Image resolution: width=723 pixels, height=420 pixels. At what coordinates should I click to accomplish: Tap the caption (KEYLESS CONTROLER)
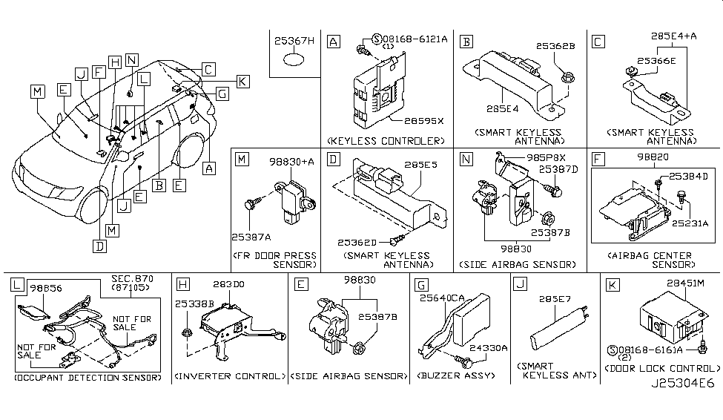pos(385,140)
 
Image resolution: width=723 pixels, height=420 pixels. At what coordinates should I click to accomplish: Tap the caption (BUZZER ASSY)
pos(458,376)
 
